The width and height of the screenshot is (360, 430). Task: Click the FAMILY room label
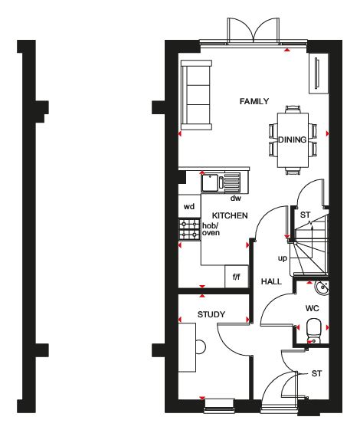(x=254, y=101)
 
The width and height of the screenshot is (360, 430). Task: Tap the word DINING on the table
(x=293, y=140)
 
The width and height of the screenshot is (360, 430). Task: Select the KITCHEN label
(x=230, y=215)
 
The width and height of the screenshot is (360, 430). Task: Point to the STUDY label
(x=211, y=314)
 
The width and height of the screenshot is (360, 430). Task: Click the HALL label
(x=271, y=281)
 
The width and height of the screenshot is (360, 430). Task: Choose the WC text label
(x=313, y=308)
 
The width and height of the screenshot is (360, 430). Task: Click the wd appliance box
(x=190, y=206)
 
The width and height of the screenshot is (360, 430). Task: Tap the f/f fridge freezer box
(x=237, y=277)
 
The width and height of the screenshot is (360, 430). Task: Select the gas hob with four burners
(x=189, y=229)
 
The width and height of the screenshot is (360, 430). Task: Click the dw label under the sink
(x=236, y=198)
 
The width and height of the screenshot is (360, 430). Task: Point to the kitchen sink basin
(x=210, y=182)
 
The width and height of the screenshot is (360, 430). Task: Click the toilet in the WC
(x=313, y=330)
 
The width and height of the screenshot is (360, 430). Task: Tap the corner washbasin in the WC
(x=322, y=287)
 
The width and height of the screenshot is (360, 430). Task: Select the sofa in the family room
(x=196, y=95)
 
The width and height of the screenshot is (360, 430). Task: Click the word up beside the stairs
(x=283, y=258)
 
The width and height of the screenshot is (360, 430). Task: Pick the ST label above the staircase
(x=305, y=215)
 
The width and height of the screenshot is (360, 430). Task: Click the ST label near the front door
(x=316, y=373)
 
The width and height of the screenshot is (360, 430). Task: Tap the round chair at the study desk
(x=201, y=347)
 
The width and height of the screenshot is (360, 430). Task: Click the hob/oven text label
(x=211, y=229)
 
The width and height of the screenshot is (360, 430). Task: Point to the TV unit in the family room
(x=319, y=74)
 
